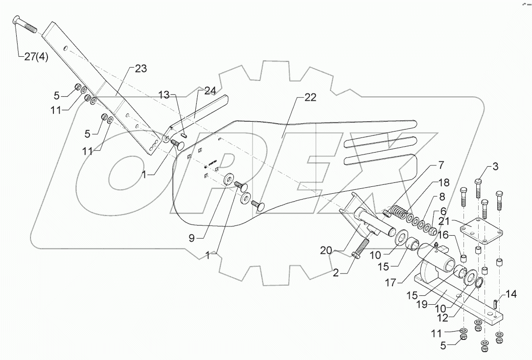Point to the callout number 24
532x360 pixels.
click(210, 90)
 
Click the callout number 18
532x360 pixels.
click(443, 182)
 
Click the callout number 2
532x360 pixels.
click(336, 273)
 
